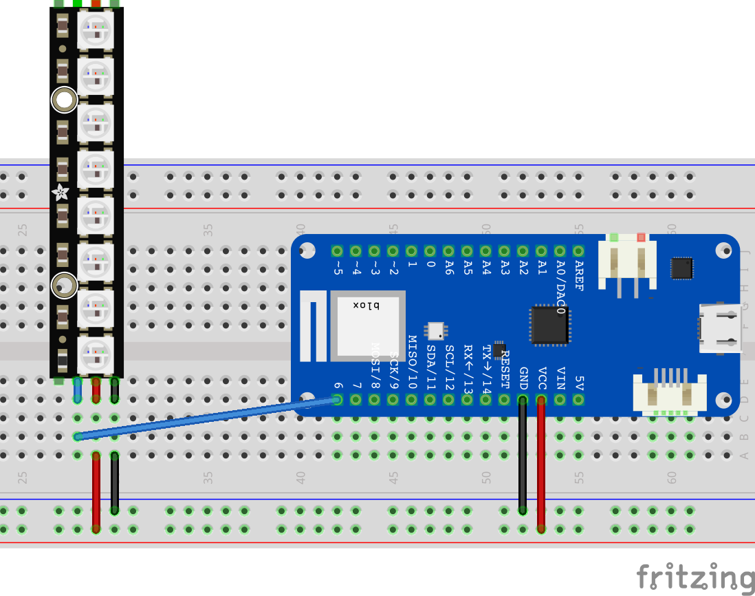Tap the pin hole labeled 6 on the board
338,399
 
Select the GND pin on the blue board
523,399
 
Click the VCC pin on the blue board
541,399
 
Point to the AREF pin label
578,275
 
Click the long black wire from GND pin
523,454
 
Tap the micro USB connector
720,328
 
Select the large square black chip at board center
549,325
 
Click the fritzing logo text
694,577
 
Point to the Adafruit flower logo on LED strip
62,193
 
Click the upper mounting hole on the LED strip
64,100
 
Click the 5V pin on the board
578,399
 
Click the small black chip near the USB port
681,268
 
